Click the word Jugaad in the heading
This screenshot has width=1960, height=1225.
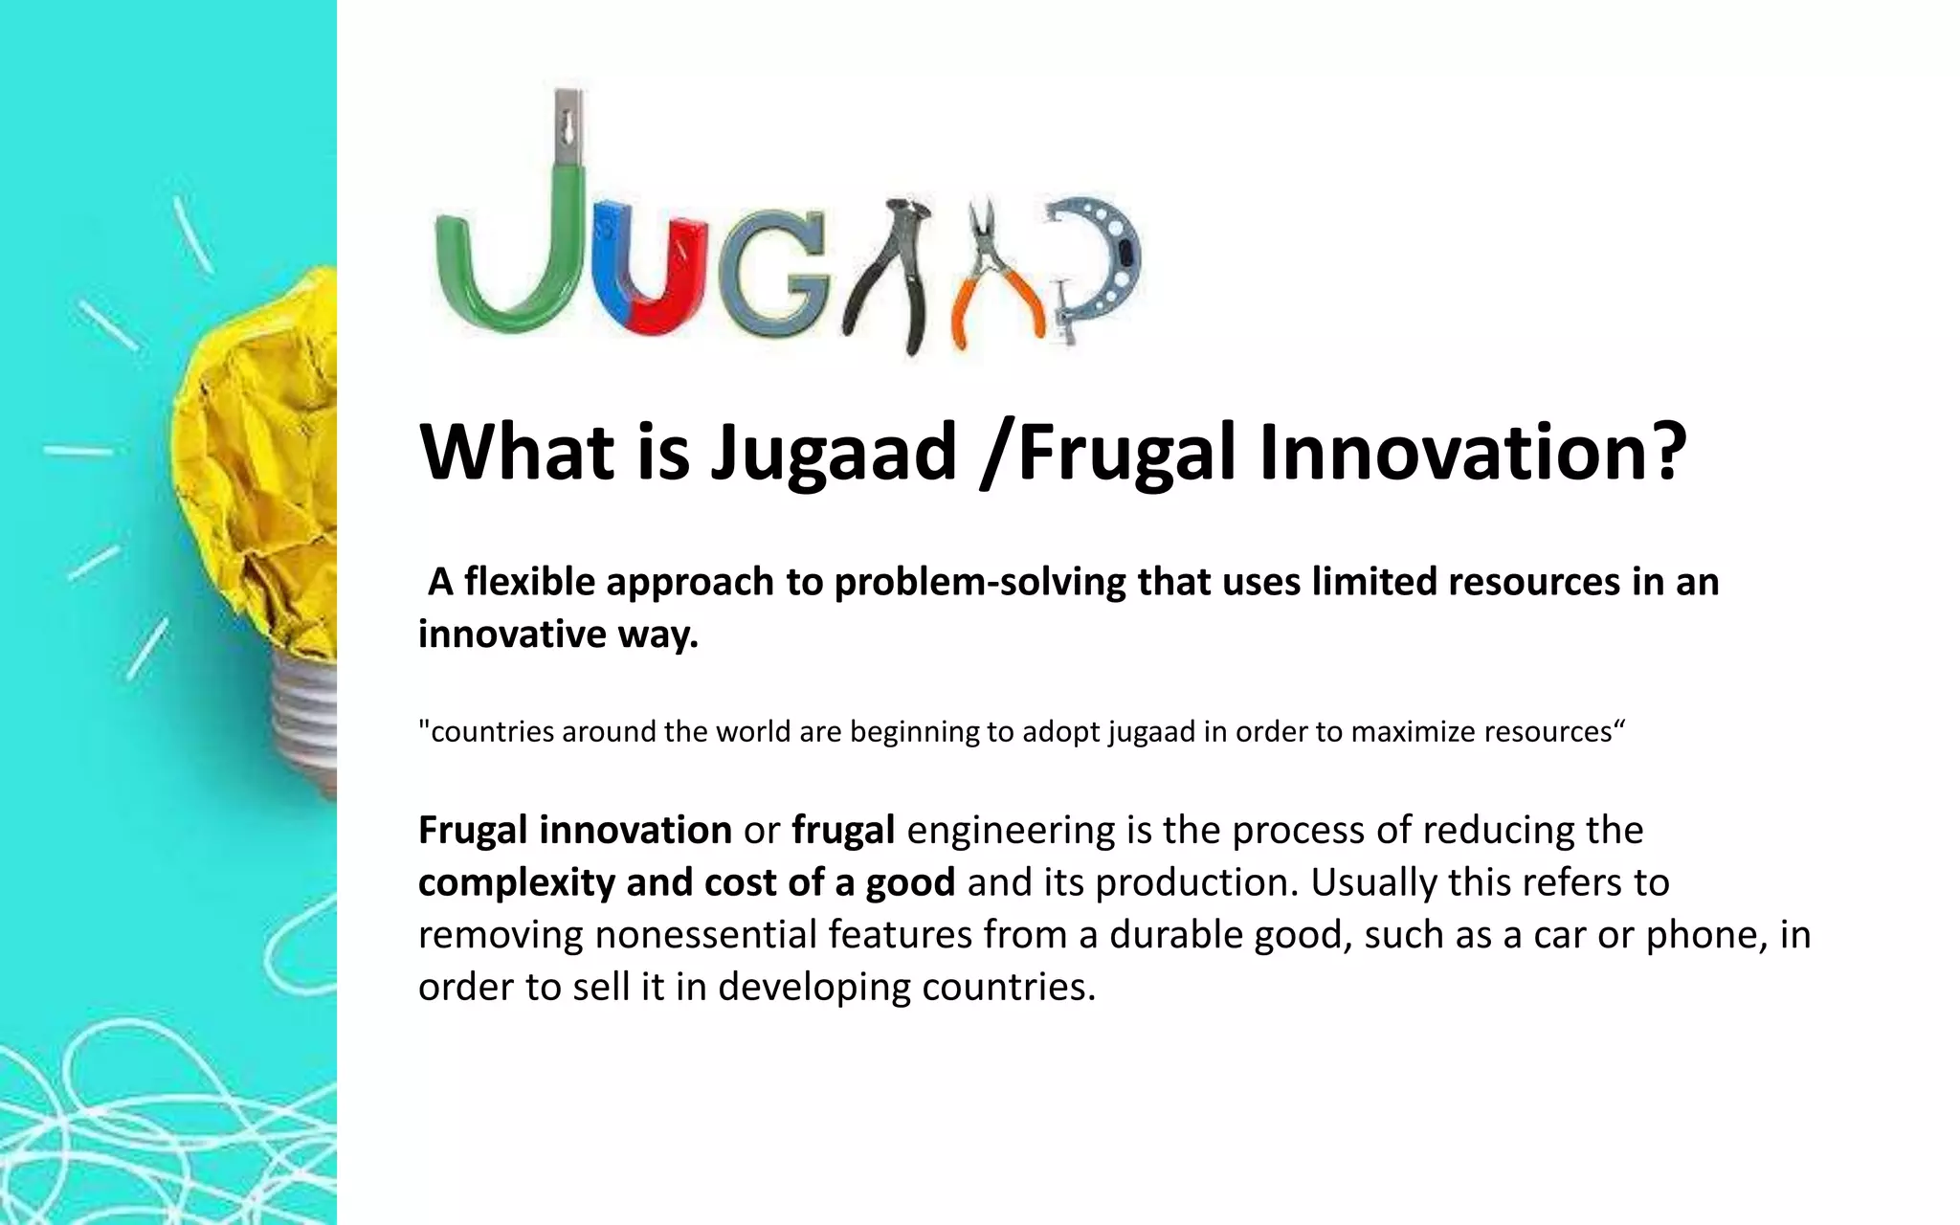[833, 452]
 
